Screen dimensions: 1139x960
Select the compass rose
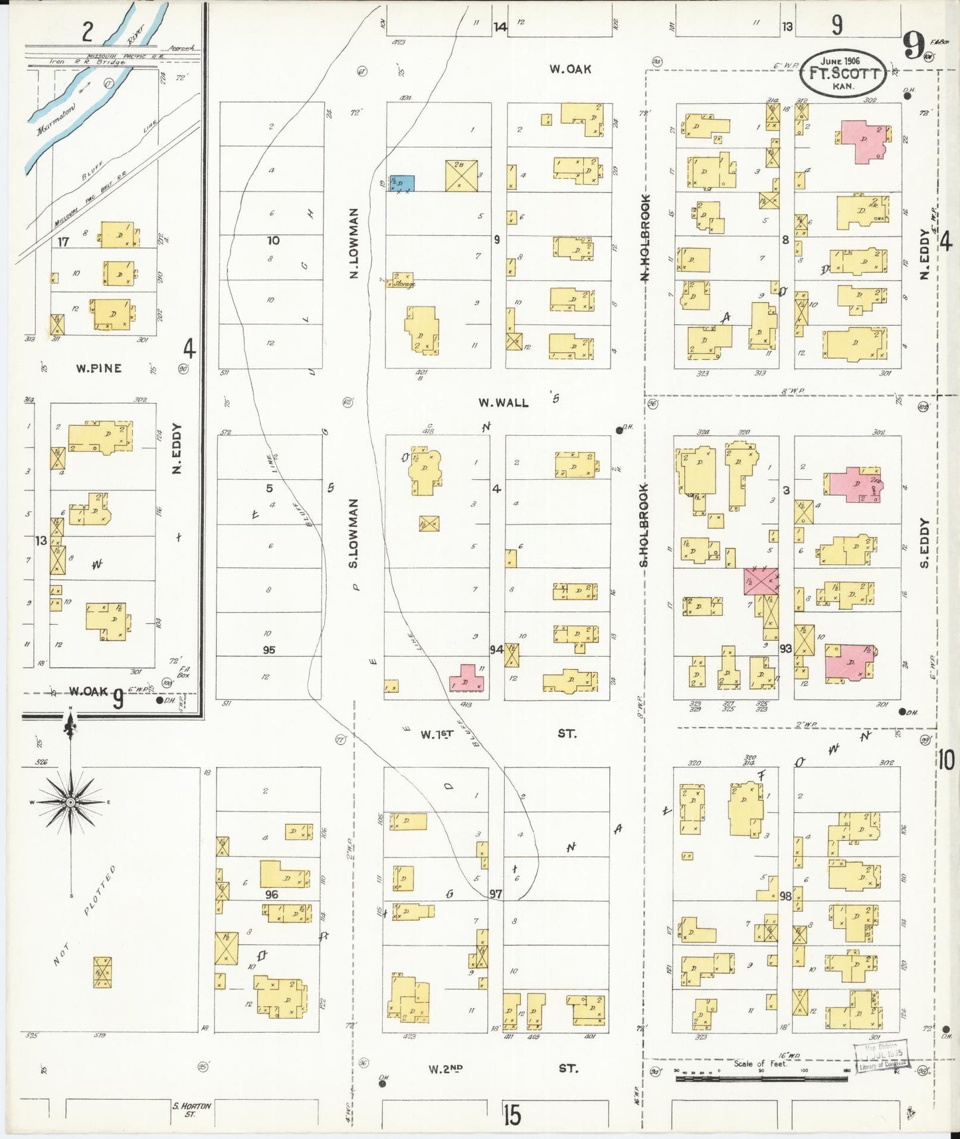click(x=70, y=803)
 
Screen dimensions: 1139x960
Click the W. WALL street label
click(x=504, y=403)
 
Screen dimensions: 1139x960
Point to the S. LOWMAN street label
click(x=353, y=534)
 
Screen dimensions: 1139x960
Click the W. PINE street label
click(x=98, y=368)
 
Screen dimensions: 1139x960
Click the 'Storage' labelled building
click(x=403, y=281)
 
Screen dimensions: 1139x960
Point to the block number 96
click(x=272, y=894)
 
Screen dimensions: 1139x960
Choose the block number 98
click(x=785, y=896)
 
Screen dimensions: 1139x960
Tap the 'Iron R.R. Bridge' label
click(x=87, y=62)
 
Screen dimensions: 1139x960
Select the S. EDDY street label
click(x=924, y=543)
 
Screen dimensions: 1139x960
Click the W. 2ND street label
click(x=445, y=1069)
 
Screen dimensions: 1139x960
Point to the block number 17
click(x=63, y=242)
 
